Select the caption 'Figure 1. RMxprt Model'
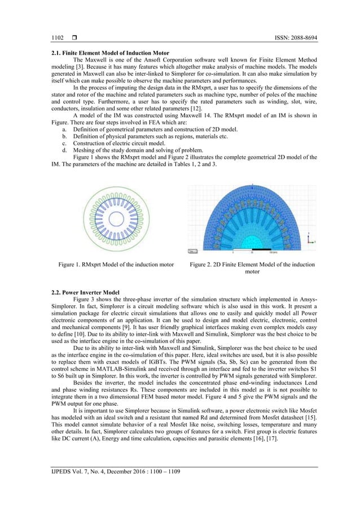coord(117,264)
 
